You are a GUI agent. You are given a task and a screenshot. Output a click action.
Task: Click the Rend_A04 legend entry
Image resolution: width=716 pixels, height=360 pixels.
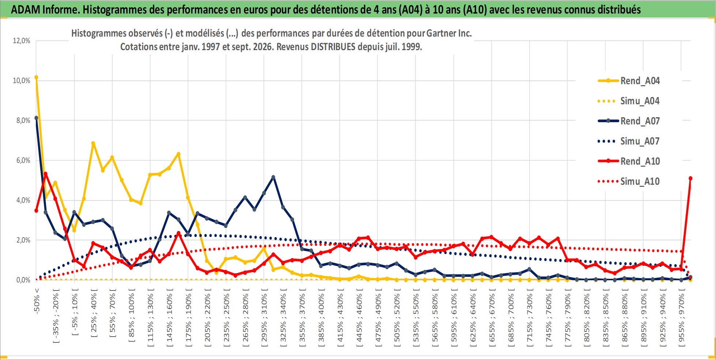(x=629, y=81)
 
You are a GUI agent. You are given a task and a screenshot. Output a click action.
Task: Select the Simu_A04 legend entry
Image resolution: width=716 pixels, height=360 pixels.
(x=629, y=101)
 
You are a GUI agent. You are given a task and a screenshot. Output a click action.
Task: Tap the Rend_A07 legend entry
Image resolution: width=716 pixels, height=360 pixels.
(x=629, y=121)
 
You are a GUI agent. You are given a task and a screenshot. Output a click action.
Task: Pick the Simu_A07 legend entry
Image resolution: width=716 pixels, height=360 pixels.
(x=629, y=141)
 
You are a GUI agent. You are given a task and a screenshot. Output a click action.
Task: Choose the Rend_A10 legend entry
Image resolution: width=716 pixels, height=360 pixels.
(x=629, y=161)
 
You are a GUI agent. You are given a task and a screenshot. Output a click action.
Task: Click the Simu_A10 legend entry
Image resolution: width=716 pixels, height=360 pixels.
(x=629, y=181)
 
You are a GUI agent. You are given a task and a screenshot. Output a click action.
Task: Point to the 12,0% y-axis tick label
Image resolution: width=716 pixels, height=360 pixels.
(x=22, y=41)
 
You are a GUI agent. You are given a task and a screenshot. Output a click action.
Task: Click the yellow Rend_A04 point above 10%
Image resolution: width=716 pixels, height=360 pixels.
(x=36, y=77)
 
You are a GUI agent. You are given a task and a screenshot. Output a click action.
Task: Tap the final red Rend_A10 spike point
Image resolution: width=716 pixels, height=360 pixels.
(x=690, y=178)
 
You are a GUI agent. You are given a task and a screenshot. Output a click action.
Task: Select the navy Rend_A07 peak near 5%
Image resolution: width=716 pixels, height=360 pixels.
(x=273, y=177)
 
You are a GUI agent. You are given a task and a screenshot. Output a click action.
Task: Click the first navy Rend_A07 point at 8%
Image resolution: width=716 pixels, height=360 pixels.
(x=36, y=118)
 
